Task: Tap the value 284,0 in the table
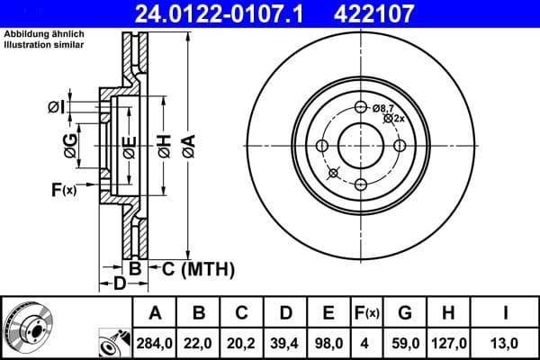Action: pyautogui.click(x=155, y=342)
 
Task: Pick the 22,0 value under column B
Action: pyautogui.click(x=198, y=342)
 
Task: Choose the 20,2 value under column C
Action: pyautogui.click(x=241, y=342)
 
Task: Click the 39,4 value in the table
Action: pyautogui.click(x=284, y=342)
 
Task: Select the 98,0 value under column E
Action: pyautogui.click(x=328, y=342)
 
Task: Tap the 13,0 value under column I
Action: pyautogui.click(x=506, y=342)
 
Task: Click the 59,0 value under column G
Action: pyautogui.click(x=405, y=342)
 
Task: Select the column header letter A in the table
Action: pyautogui.click(x=155, y=312)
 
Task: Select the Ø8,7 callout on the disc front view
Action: pyautogui.click(x=383, y=107)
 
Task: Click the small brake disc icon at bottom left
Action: pyautogui.click(x=28, y=328)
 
